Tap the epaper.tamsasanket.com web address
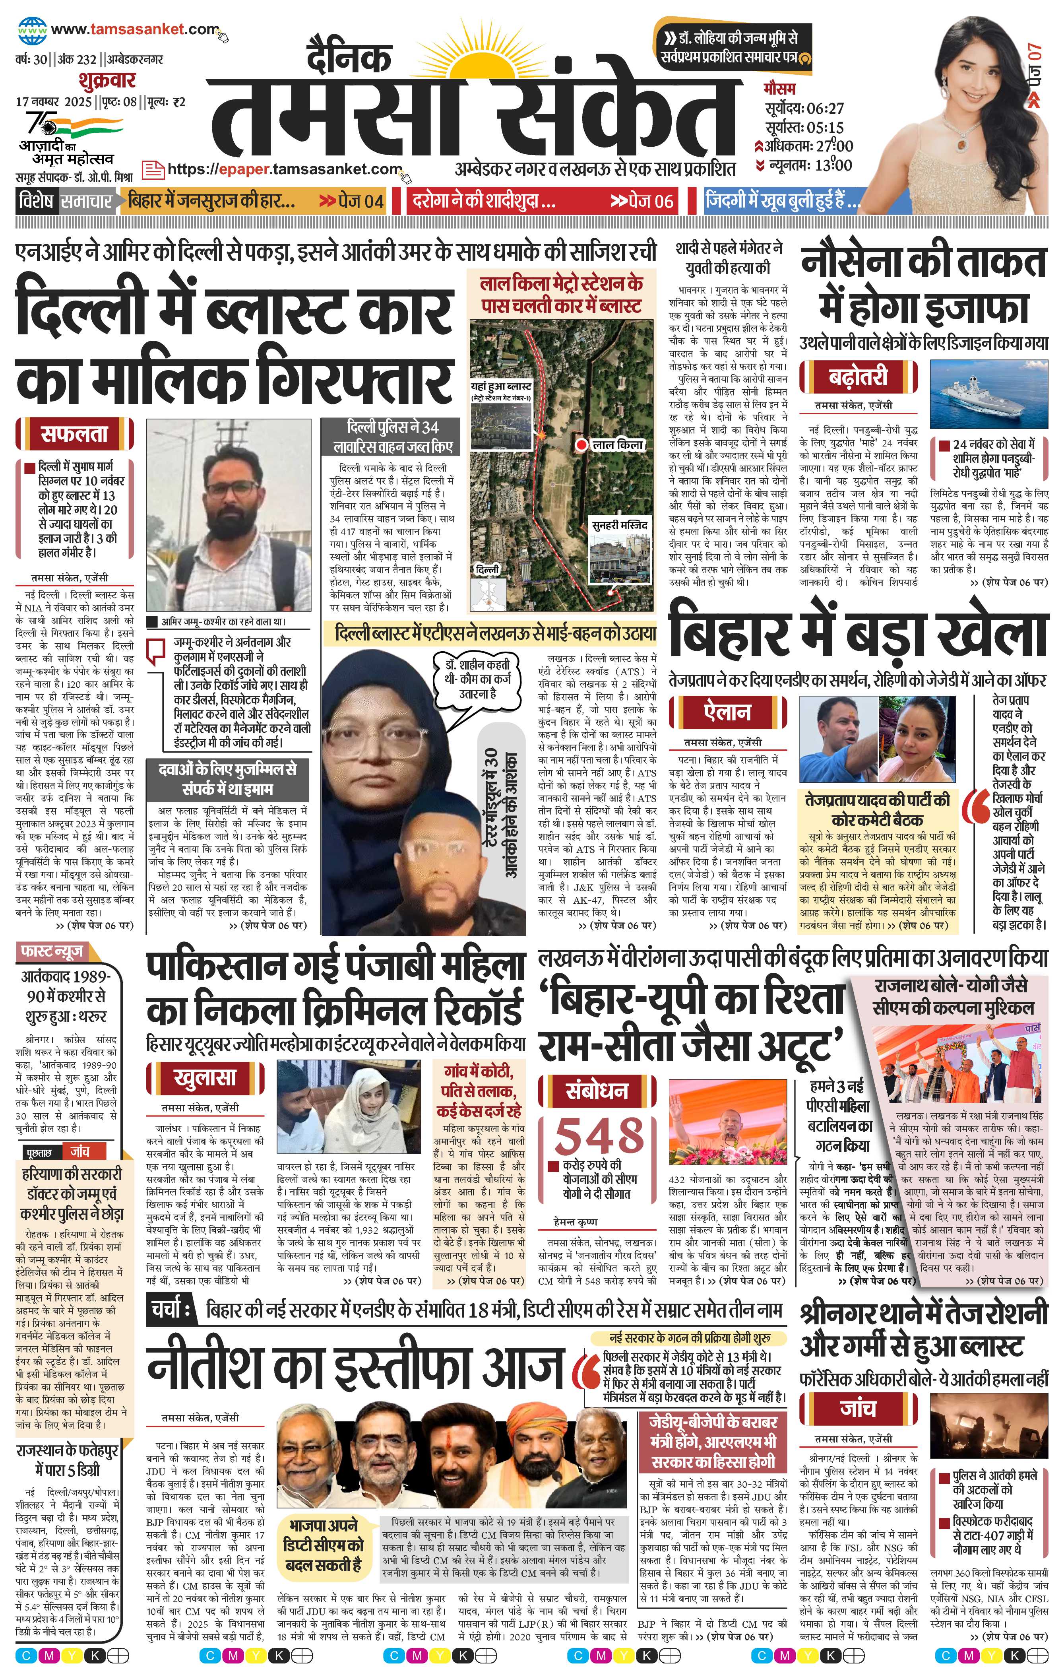285,169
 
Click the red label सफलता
74,434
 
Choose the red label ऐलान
727,712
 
